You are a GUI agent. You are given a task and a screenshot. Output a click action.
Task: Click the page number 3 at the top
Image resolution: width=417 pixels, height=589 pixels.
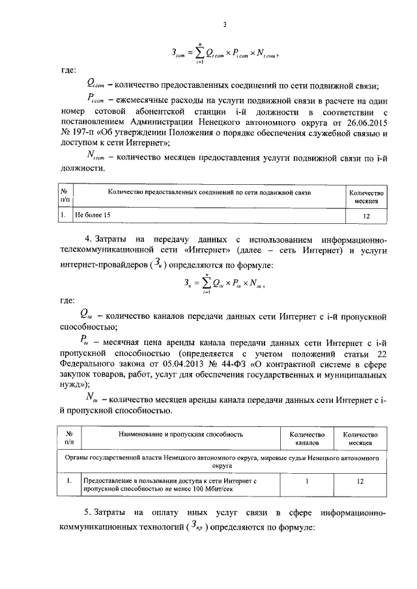tap(223, 25)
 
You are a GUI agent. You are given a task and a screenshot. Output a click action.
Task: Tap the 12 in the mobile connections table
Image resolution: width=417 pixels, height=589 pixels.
tap(366, 214)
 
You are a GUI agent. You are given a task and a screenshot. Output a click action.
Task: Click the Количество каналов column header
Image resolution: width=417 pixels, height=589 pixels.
tap(306, 438)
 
